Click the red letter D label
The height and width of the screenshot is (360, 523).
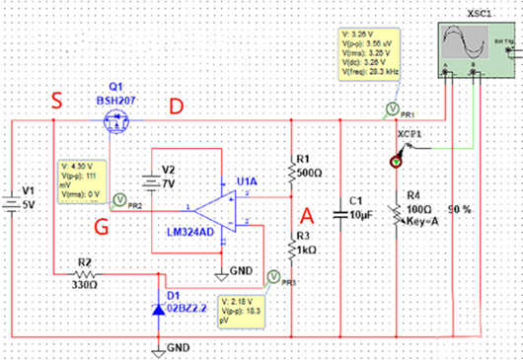(178, 105)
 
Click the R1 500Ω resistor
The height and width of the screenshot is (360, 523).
(291, 172)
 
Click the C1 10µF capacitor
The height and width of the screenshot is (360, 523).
(339, 210)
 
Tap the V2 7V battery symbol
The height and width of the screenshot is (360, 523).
(147, 183)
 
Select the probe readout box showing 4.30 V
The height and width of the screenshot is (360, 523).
(82, 178)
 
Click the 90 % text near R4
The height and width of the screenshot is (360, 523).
(459, 211)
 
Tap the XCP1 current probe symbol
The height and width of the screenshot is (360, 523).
(399, 155)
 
